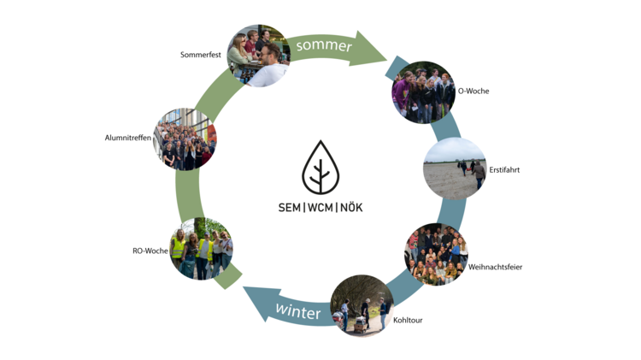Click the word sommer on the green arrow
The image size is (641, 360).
[325, 45]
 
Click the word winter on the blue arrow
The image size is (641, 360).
[297, 311]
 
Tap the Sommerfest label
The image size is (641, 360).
[201, 55]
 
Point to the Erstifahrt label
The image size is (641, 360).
[504, 170]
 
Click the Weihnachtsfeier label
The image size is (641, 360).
[495, 267]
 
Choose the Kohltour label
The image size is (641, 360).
[408, 321]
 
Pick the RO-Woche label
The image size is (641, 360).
[150, 251]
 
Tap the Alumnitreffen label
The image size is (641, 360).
[128, 137]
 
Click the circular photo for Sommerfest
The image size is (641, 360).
[258, 56]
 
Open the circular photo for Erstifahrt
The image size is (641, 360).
[455, 168]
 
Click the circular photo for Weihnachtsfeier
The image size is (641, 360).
[436, 254]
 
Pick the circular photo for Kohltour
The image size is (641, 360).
[362, 305]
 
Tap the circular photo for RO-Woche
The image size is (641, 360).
[202, 249]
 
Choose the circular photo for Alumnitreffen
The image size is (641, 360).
[185, 139]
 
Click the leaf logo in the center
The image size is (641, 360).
[320, 168]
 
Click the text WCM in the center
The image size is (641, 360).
[320, 208]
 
